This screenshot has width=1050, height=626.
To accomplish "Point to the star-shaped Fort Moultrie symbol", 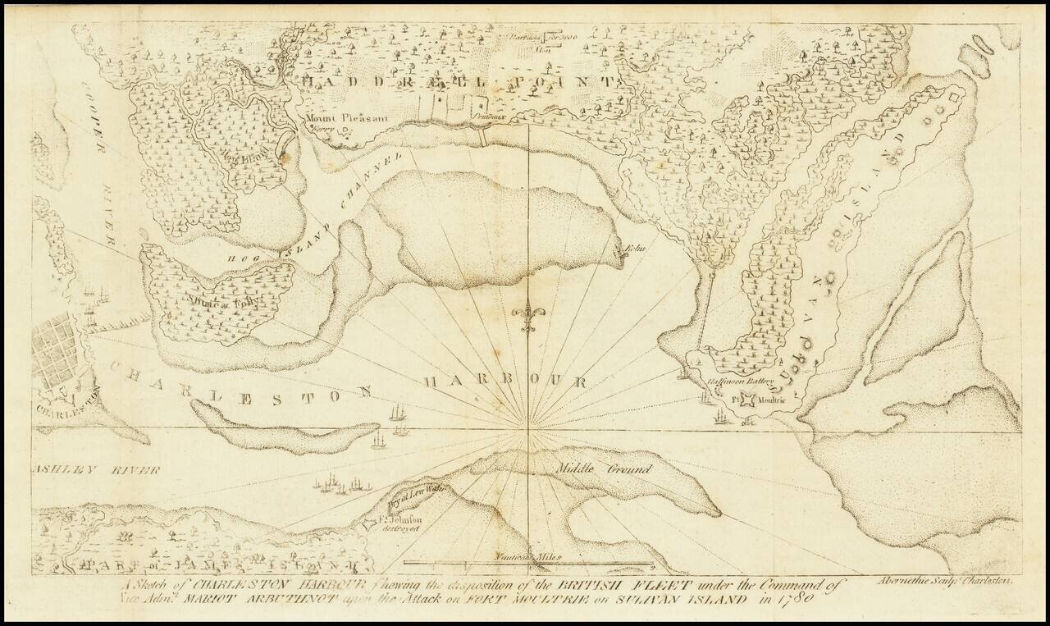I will click(747, 400).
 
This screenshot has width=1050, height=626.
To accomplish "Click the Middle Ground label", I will click(604, 469).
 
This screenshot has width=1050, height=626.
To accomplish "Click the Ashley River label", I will click(95, 470).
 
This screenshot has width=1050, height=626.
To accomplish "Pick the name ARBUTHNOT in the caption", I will click(262, 601).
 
